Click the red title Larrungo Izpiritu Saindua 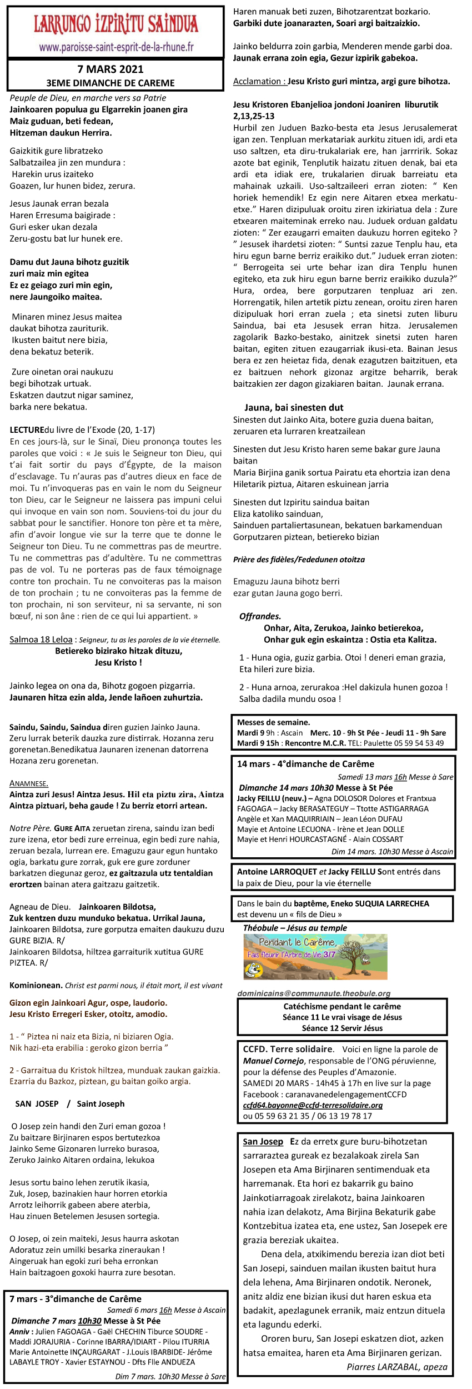(x=116, y=24)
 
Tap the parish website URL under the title (x=116, y=47)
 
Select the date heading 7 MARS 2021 (x=111, y=69)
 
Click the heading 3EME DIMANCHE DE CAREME (x=111, y=83)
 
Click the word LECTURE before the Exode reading (x=27, y=429)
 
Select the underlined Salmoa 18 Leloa (x=41, y=639)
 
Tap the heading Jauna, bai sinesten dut (x=294, y=407)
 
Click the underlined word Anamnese (x=29, y=783)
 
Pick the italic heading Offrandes (x=260, y=616)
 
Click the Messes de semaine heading (x=273, y=722)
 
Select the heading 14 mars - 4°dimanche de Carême (x=305, y=764)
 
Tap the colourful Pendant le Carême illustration (x=315, y=956)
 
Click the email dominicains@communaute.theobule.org (x=314, y=993)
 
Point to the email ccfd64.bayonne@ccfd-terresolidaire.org (x=313, y=1105)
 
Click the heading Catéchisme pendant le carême (x=342, y=1006)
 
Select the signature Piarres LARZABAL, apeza (x=396, y=1367)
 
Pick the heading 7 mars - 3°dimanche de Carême (x=76, y=1299)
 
